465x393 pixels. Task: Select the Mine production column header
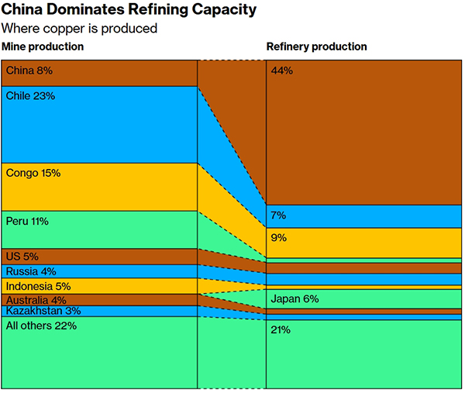pos(43,47)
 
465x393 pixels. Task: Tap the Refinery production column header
pos(317,47)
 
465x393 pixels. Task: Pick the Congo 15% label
pos(33,174)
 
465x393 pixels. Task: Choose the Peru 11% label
pos(27,221)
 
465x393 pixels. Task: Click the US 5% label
pos(22,257)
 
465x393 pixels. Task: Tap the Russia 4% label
pos(28,271)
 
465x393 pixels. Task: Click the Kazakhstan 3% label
pos(43,311)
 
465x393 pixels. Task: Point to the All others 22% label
pos(41,326)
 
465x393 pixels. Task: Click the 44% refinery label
pos(281,71)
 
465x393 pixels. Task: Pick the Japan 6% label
pos(294,298)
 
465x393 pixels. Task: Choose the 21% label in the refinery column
pos(281,330)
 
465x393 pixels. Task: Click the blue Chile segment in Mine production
pos(99,132)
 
